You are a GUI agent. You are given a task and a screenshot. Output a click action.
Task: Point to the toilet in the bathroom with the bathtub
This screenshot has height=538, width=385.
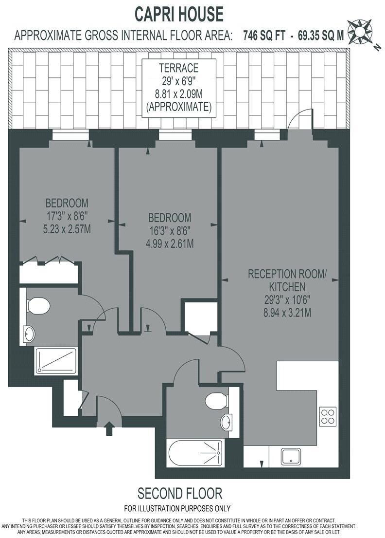[216, 401]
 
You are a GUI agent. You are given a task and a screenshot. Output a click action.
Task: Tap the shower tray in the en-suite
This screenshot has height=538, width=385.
[56, 361]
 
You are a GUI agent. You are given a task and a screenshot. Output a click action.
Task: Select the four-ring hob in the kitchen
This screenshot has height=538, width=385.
[328, 416]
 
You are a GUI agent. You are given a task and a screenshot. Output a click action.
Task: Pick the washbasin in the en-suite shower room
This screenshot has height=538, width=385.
[29, 334]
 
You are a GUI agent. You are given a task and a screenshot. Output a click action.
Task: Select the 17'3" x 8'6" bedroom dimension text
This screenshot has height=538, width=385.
[67, 216]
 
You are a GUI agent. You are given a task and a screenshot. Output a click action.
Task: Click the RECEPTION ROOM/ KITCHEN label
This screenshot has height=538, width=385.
[277, 280]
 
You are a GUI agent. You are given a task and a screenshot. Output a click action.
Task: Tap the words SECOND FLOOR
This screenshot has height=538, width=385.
[180, 493]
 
